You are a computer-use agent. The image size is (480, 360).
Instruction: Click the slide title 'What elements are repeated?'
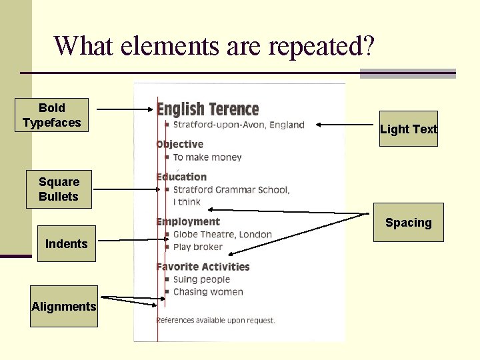point(215,46)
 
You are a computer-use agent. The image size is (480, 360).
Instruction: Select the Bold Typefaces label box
point(52,115)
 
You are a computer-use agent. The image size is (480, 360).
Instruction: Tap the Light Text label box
point(408,129)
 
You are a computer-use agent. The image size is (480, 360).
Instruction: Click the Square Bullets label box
point(59,189)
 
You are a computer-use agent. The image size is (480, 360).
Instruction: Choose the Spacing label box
point(408,223)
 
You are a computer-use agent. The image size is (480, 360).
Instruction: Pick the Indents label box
point(66,244)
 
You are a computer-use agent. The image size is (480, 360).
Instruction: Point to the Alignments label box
point(64,307)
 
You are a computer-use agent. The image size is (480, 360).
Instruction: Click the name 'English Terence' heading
point(207,109)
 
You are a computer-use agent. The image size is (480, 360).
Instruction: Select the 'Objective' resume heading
point(179,144)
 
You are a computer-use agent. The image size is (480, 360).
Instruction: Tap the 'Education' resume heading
point(181,177)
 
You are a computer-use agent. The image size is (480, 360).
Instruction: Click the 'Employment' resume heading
point(188,221)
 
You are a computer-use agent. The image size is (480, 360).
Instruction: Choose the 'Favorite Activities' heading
point(203,267)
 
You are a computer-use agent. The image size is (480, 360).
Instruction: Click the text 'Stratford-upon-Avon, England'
point(238,125)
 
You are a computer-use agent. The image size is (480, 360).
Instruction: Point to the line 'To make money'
point(207,157)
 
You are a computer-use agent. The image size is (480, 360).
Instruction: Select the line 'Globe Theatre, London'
point(222,235)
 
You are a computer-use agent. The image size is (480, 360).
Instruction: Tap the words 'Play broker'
point(197,247)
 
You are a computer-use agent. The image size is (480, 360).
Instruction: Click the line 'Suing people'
point(201,279)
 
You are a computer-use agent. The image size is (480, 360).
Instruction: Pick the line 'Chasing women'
point(208,291)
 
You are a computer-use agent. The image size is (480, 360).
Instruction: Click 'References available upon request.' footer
point(215,321)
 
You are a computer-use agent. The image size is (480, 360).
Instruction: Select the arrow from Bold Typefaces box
point(124,109)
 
